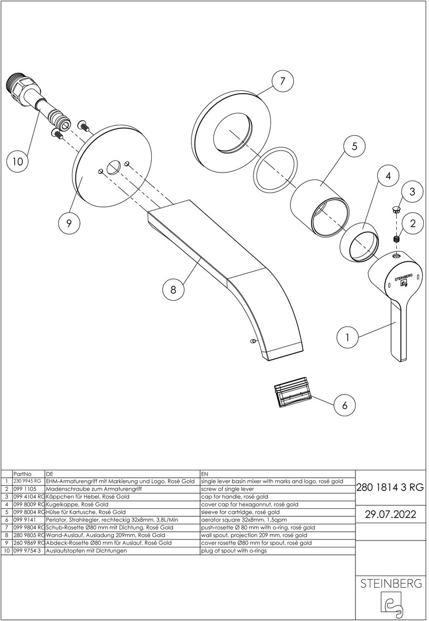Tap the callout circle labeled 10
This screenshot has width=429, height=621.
point(18,162)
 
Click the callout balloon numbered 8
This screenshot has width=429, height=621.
point(173,290)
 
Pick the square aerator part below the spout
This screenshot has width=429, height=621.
point(292,393)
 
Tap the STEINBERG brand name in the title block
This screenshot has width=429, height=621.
point(390,584)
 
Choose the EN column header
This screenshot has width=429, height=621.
point(205,473)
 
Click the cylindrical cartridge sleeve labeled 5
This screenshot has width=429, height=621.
point(317,206)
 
